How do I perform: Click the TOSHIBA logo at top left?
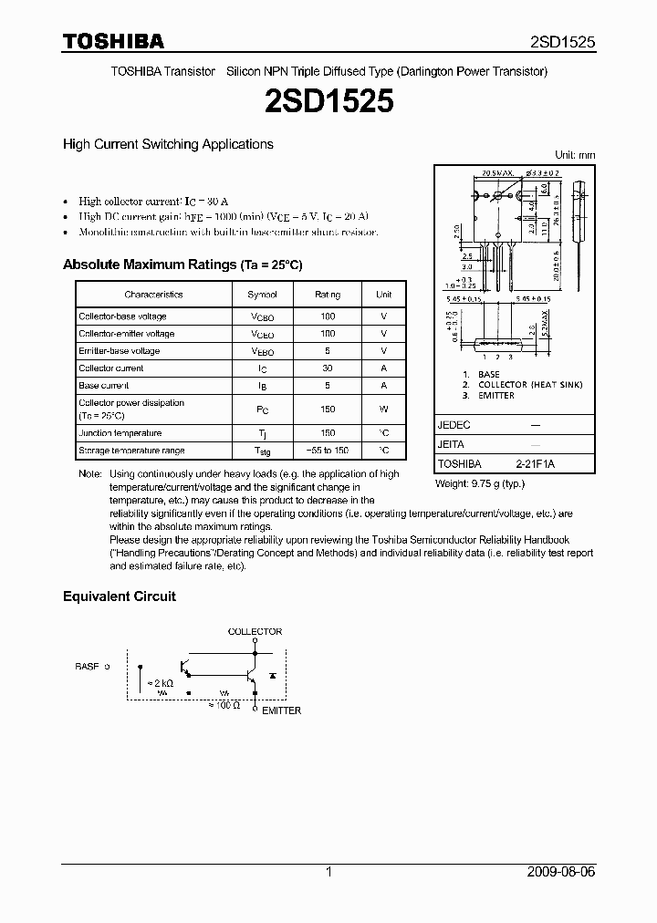click(112, 41)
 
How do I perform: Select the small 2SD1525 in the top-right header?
click(563, 42)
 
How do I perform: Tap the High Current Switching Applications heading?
click(168, 144)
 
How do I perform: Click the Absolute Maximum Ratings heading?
click(182, 264)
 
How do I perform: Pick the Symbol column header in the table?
click(262, 295)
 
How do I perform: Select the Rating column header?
click(328, 295)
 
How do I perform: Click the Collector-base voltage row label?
click(122, 316)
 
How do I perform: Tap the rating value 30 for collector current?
click(328, 368)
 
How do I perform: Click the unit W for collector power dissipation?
click(384, 409)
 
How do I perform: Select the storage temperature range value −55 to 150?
click(328, 451)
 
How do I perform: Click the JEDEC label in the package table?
click(454, 425)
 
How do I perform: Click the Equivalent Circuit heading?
click(119, 596)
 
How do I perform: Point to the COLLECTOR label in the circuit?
click(255, 631)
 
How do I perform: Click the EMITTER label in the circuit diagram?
click(281, 710)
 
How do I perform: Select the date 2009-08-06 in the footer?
click(561, 872)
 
